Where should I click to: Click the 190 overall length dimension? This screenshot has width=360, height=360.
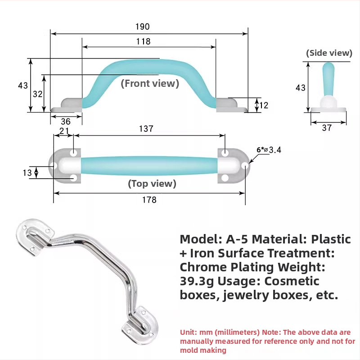click(x=142, y=27)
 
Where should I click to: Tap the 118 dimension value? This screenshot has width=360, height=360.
click(x=143, y=41)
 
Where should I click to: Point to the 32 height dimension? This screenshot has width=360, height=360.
click(x=38, y=94)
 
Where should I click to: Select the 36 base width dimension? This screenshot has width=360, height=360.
click(x=66, y=121)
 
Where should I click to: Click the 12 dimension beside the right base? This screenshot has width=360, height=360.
click(x=264, y=105)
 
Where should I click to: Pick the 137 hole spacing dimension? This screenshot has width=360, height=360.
click(x=146, y=129)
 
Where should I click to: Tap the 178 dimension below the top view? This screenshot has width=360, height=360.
click(x=149, y=200)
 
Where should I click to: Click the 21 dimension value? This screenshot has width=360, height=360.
click(x=64, y=131)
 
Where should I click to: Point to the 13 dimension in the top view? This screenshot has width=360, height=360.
click(x=27, y=173)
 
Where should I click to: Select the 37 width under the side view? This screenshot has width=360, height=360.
click(x=327, y=128)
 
